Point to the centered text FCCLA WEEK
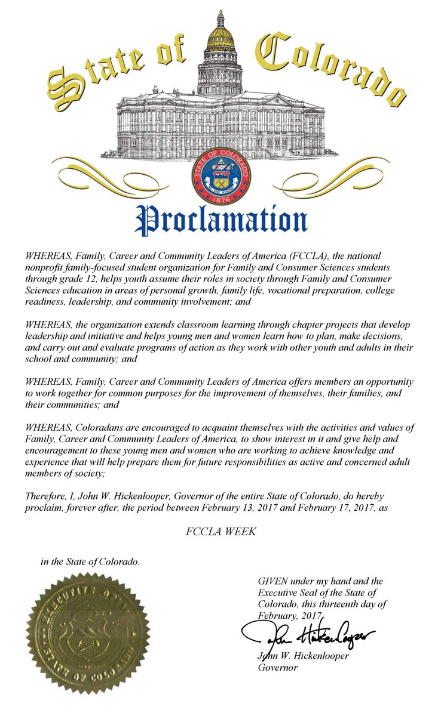220,530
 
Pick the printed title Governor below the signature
278,668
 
